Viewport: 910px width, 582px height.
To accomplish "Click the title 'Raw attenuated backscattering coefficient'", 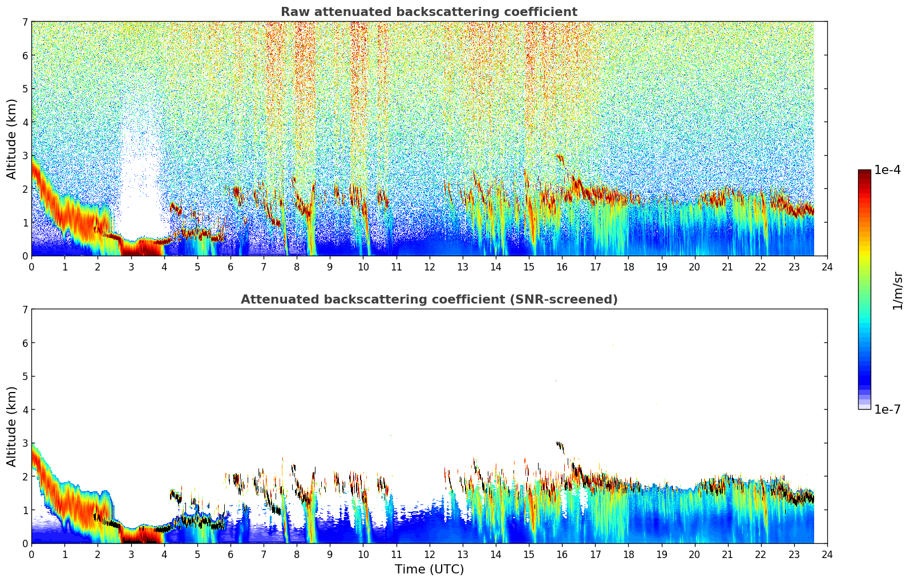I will tap(428, 12).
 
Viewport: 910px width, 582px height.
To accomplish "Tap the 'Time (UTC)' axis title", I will tap(429, 569).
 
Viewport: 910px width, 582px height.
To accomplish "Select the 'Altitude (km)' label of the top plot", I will tap(11, 139).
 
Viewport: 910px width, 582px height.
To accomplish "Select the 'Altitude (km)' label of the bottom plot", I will tap(11, 426).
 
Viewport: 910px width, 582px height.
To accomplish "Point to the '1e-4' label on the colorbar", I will tap(887, 170).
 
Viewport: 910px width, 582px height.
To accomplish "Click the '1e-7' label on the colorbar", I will tap(887, 409).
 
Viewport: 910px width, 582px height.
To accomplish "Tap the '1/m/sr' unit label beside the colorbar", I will tap(897, 290).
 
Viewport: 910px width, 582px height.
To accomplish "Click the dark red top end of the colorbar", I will tap(864, 173).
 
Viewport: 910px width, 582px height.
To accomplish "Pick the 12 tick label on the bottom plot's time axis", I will tap(429, 555).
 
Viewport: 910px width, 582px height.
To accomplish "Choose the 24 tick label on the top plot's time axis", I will tap(827, 267).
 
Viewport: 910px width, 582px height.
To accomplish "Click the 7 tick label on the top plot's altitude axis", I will tap(25, 22).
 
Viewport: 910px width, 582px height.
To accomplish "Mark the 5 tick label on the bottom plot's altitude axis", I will tap(25, 377).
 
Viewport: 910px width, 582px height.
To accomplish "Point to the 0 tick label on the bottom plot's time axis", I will tap(31, 555).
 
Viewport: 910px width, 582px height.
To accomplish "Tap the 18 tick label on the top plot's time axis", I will tap(628, 267).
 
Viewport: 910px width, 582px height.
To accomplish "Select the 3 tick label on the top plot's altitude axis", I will tap(25, 156).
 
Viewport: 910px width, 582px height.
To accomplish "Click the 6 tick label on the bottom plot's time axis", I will tap(230, 555).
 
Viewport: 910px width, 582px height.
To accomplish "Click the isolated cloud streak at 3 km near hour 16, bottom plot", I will tap(560, 446).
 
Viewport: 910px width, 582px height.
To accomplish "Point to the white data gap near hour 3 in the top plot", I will tap(137, 188).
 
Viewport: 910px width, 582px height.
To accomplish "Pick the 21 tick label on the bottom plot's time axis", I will tap(727, 555).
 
